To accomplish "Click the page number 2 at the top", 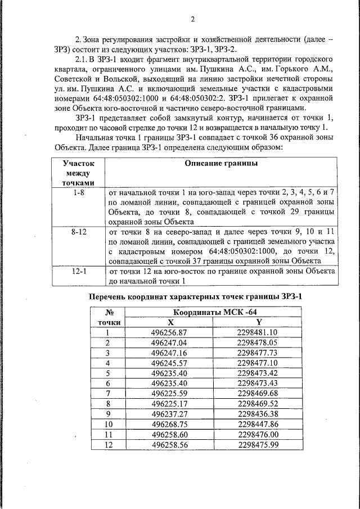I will coord(192,19).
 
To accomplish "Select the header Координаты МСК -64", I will coord(215,312).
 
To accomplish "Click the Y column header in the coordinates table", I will coord(259,322).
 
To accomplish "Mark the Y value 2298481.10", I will coord(258,332).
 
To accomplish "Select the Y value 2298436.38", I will coord(258,413).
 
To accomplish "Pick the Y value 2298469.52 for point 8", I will coord(258,403).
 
